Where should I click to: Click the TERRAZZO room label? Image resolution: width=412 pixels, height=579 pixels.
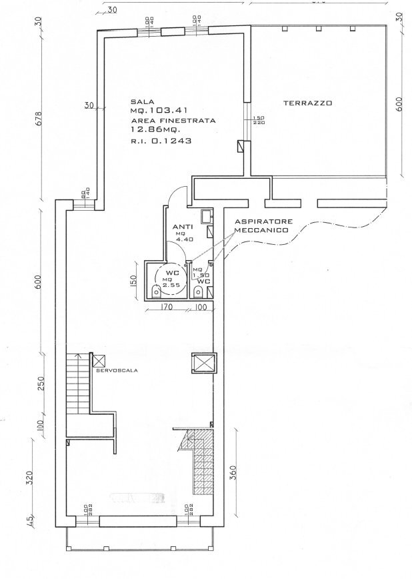coord(307,103)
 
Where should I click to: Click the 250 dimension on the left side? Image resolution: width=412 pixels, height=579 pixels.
coord(41,385)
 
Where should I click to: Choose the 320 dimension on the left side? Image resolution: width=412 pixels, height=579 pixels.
coord(30,478)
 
